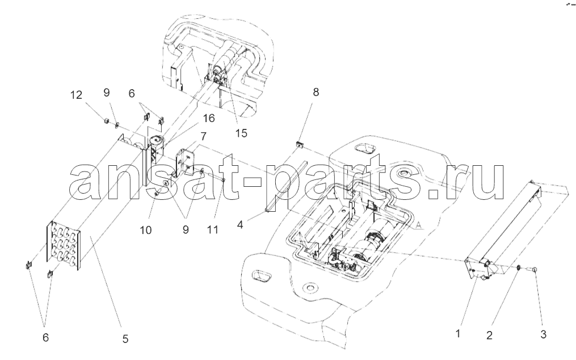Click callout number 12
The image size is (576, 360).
[76, 95]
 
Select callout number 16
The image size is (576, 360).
[208, 118]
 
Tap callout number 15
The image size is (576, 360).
[241, 133]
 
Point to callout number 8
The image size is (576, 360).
[316, 92]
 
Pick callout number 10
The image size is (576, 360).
[145, 230]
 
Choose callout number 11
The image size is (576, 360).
[213, 230]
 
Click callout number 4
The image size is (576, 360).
[240, 224]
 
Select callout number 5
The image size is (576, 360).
[125, 338]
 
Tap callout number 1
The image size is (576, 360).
[458, 334]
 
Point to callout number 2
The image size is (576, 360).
[489, 335]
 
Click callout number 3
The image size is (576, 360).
[543, 334]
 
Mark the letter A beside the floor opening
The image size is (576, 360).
[418, 225]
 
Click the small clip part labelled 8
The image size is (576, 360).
[299, 144]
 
